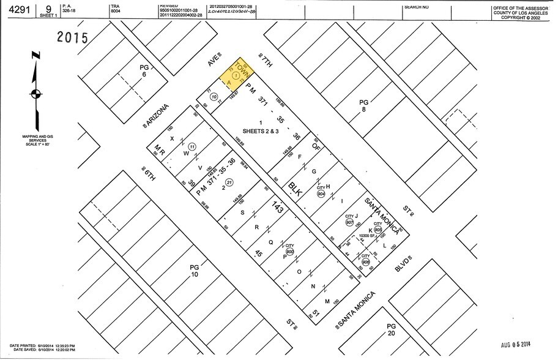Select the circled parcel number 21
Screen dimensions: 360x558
click(229, 182)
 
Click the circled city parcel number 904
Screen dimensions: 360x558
click(321, 193)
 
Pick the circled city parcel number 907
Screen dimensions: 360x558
click(349, 222)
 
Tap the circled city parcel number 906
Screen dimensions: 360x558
click(365, 262)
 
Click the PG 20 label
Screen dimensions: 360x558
click(391, 331)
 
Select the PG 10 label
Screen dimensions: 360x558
click(195, 271)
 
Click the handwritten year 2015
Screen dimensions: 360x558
click(73, 37)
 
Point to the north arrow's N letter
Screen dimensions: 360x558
click(36, 56)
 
